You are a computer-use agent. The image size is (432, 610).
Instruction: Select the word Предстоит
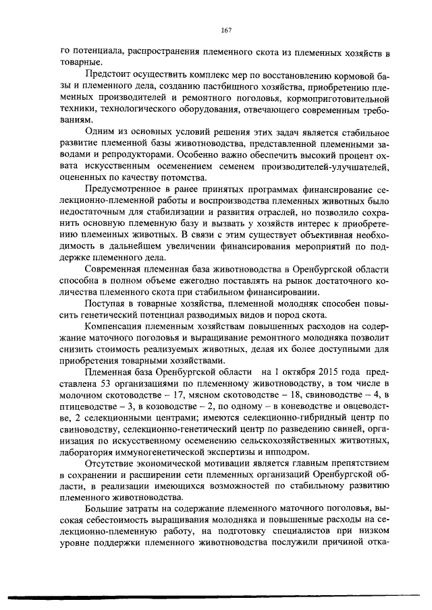(106, 75)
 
